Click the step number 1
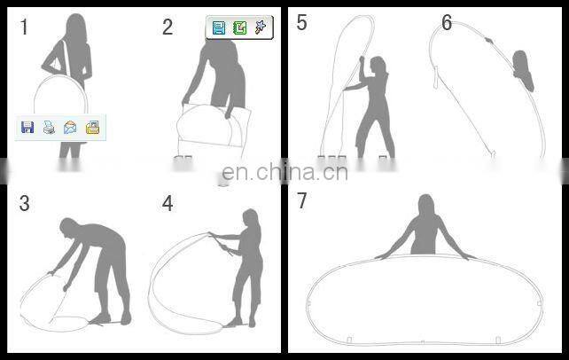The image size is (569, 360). point(24,27)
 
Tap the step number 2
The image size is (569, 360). point(168,27)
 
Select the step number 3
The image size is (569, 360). point(24,203)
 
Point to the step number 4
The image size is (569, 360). point(168,203)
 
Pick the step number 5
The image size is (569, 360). point(302,22)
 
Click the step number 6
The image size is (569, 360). point(447,22)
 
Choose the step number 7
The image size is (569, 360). point(302,200)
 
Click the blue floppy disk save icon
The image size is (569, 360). point(27,128)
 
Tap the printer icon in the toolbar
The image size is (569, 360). point(49,128)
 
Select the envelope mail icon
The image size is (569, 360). point(70,128)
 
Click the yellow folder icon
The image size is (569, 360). point(92,128)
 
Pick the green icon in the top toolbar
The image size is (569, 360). point(240,27)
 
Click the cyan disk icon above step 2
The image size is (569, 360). point(219,27)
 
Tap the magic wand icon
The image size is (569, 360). point(261,27)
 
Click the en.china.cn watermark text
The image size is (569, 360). point(284,172)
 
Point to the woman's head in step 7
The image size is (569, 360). point(426,205)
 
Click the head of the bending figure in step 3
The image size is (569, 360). point(68,228)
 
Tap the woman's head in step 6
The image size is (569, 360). point(520,60)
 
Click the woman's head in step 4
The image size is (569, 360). point(251,218)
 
